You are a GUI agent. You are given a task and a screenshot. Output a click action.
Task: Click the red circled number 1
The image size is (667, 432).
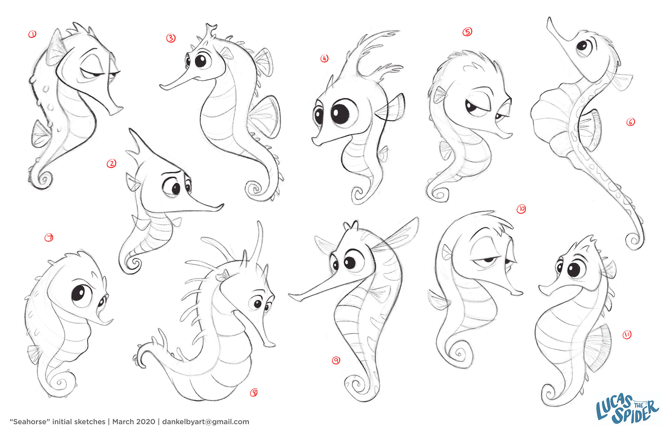click(32, 34)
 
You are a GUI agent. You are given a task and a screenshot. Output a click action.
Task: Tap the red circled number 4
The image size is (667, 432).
click(324, 58)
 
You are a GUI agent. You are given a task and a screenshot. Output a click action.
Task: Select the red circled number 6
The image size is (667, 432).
click(631, 122)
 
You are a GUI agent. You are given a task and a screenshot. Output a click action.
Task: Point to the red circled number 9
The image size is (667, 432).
click(336, 360)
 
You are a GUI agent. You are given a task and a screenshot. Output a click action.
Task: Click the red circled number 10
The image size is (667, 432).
click(521, 209)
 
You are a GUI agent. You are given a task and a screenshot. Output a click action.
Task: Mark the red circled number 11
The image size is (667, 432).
click(627, 335)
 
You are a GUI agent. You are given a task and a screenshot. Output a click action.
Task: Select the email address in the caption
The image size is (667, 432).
click(206, 422)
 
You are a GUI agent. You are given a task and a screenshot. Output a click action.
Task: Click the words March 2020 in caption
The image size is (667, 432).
click(134, 422)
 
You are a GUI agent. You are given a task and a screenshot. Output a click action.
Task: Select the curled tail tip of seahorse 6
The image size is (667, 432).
click(634, 240)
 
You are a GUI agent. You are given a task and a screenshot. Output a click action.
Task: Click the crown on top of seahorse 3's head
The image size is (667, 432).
click(209, 31)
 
